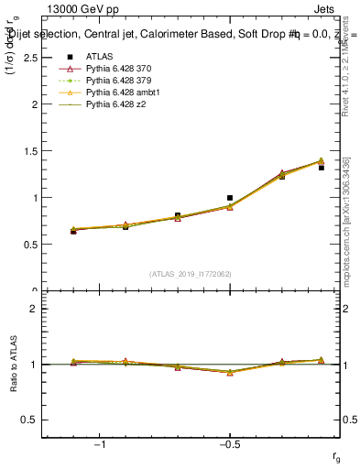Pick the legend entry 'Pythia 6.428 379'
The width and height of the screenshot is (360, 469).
[x=115, y=81]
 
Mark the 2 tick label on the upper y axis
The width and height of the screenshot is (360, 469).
[x=34, y=104]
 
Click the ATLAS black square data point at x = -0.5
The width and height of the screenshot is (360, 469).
[x=230, y=197]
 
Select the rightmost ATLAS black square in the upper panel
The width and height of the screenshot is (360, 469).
[x=321, y=168]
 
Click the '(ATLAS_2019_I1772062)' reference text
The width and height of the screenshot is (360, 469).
[x=191, y=274]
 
